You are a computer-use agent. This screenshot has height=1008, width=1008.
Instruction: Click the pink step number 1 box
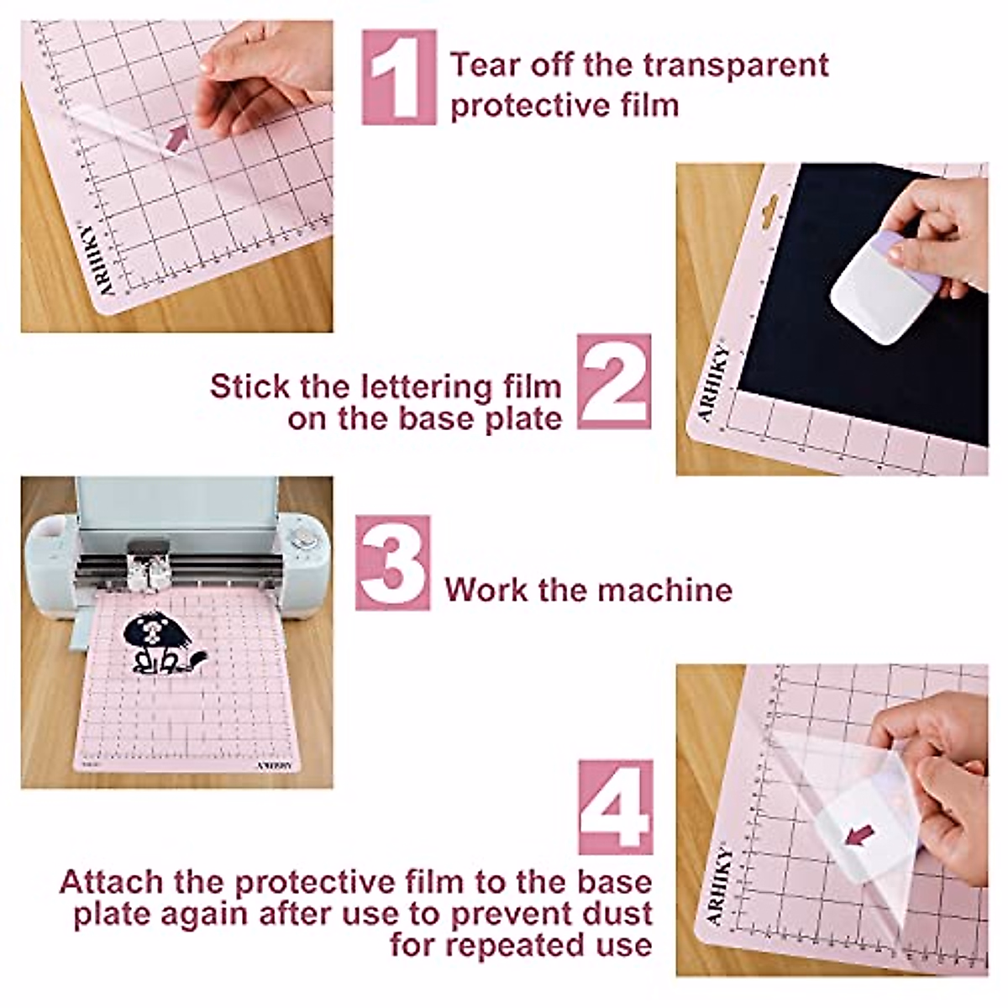tap(399, 77)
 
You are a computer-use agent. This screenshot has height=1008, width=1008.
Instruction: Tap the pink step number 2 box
tap(614, 381)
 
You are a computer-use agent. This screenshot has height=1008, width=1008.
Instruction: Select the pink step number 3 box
tap(392, 562)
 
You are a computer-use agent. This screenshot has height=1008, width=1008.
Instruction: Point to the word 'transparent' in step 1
tap(730, 66)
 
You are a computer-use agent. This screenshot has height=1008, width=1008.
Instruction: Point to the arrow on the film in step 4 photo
tap(858, 834)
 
